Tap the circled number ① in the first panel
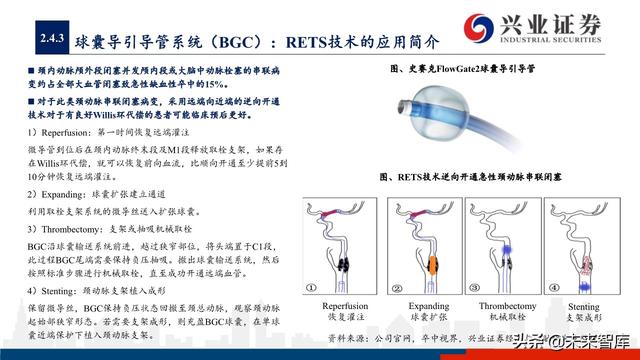point(313,282)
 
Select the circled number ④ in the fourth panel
point(556,282)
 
